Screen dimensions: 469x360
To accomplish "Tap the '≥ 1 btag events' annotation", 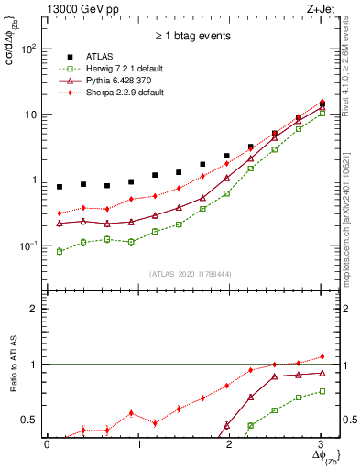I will coord(191,38).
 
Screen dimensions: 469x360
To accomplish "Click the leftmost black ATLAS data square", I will coord(60,187).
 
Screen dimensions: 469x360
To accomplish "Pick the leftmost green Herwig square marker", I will coord(60,251).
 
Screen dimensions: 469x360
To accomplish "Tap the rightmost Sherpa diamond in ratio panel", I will coord(321,356).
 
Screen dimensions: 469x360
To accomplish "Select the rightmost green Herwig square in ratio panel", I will coord(321,391).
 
